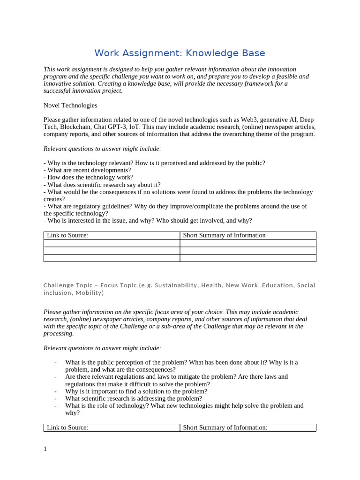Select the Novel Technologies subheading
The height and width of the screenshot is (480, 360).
(70, 105)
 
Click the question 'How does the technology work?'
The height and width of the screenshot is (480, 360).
(88, 177)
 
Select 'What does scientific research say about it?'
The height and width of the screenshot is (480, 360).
(102, 185)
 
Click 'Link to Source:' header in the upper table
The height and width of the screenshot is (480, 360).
(67, 235)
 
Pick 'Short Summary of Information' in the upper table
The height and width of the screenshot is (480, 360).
(224, 235)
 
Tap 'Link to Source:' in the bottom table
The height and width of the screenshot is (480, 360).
(67, 427)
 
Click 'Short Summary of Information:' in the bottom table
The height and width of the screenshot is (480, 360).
(225, 427)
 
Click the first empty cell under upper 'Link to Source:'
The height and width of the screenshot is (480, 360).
(112, 243)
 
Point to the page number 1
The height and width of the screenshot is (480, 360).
(45, 449)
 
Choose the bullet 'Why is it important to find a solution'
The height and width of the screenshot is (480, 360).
(136, 391)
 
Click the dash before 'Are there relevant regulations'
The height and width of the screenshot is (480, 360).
(55, 377)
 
